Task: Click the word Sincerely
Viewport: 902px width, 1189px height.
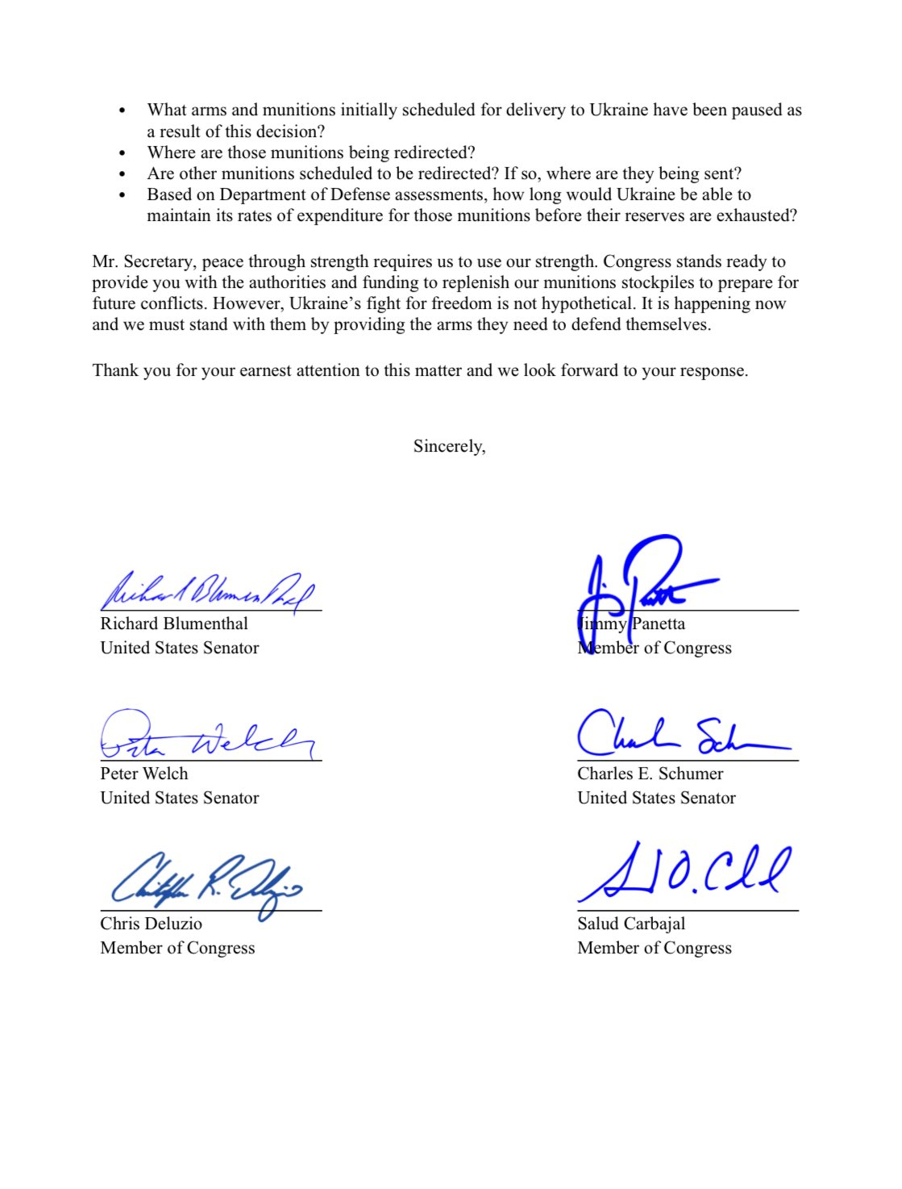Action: point(449,446)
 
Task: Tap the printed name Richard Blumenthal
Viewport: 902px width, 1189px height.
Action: point(174,624)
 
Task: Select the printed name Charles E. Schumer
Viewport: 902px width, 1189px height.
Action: point(650,774)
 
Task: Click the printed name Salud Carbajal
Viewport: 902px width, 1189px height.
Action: point(631,924)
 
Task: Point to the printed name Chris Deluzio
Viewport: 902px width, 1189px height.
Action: point(151,924)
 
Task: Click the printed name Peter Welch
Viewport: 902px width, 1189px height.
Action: point(143,774)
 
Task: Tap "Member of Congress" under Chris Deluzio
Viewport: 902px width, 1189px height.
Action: point(177,948)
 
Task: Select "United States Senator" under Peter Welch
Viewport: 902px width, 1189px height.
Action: point(180,798)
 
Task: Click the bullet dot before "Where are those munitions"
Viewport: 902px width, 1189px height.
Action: point(122,152)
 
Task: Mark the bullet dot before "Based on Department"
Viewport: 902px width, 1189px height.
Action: point(122,194)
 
